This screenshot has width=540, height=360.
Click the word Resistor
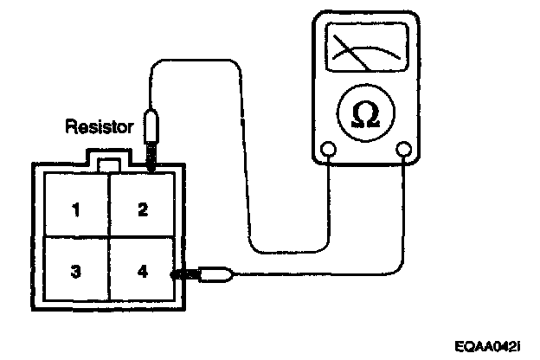(x=100, y=127)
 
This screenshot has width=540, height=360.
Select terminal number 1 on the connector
(x=77, y=209)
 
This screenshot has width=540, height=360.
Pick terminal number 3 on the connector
(x=77, y=272)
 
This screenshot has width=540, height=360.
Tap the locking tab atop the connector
(x=110, y=164)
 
